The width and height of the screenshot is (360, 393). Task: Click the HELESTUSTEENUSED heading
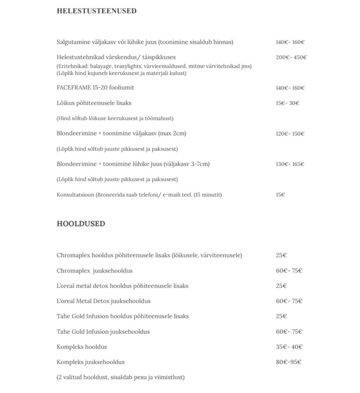coord(96,11)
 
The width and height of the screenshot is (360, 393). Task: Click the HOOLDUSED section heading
coord(81,224)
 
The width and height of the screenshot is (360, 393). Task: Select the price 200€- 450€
coord(291,58)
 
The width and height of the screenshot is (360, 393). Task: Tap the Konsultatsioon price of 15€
coord(280,195)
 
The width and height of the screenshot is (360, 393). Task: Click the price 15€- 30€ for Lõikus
coord(287,103)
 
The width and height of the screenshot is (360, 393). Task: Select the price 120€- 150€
coord(290,134)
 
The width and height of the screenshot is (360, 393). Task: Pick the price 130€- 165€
coord(290,164)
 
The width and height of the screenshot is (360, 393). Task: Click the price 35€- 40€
coord(289,347)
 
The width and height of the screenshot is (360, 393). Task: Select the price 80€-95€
coord(289,362)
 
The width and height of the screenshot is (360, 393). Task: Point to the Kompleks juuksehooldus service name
coord(91,362)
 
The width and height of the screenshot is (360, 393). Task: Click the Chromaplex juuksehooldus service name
coord(94,271)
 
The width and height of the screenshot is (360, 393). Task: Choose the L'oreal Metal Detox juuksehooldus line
coord(103,301)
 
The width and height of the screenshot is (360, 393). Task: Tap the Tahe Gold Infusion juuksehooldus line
coord(103,332)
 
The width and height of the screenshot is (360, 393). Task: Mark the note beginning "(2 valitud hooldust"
coord(121,377)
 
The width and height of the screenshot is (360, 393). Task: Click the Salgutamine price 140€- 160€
coord(290,42)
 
